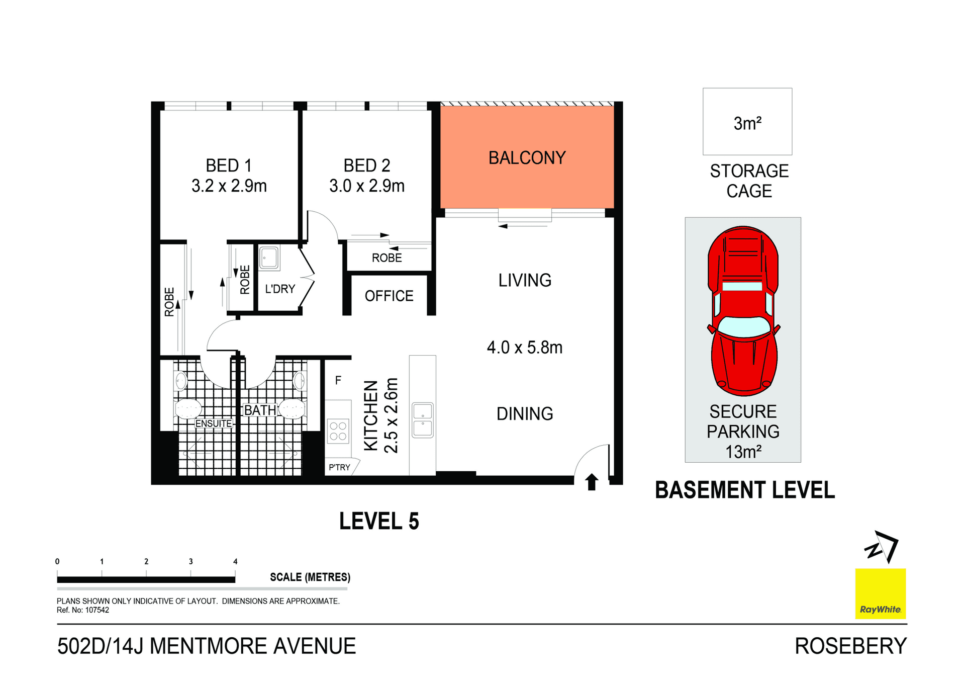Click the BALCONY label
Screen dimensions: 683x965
tap(527, 158)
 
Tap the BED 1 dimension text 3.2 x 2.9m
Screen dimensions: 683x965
tap(229, 186)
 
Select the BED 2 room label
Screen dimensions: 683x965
tap(366, 165)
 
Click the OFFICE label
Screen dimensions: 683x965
tap(389, 296)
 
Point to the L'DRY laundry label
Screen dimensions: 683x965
tap(279, 289)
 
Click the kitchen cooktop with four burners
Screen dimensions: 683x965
tap(338, 431)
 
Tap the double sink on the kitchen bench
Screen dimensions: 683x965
tap(422, 420)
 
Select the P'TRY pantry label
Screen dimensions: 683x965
tap(339, 467)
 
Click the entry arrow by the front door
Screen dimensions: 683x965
tap(592, 482)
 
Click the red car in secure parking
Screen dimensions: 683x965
tap(743, 312)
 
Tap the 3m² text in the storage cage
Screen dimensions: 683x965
tap(747, 123)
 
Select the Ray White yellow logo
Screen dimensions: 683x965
tap(880, 593)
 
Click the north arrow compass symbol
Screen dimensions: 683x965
tap(882, 547)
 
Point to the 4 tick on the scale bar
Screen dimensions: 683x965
tap(235, 562)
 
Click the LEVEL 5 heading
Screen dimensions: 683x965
tap(379, 521)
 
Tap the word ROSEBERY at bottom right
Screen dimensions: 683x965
tap(850, 646)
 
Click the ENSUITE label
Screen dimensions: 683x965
tap(214, 423)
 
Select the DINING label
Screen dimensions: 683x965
tap(524, 414)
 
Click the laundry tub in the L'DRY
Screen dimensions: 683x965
tap(269, 258)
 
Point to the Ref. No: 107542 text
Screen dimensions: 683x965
tap(83, 610)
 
